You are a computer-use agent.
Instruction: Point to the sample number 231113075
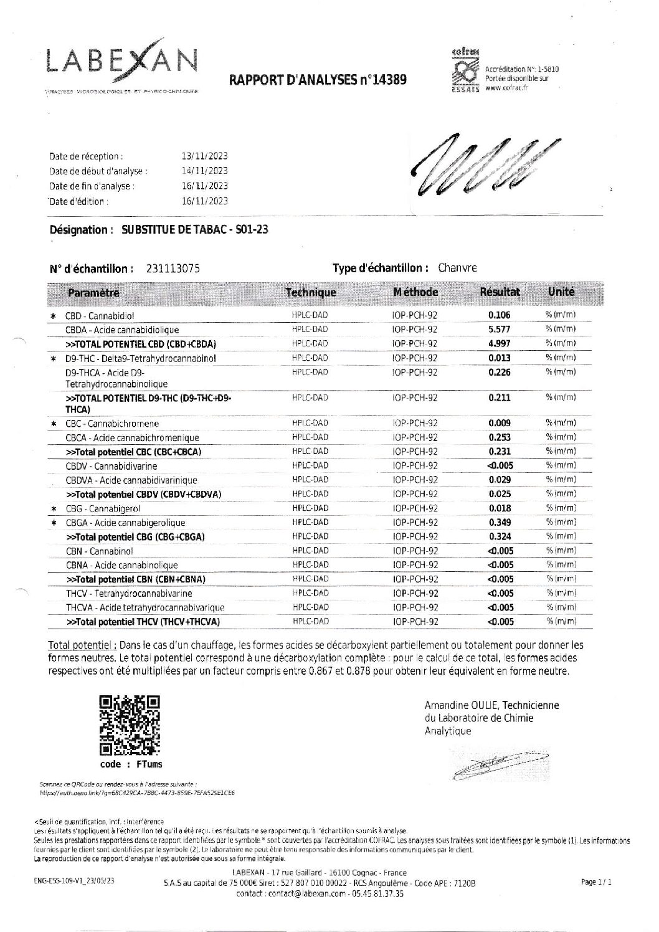point(173,269)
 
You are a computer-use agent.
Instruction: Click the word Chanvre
point(457,268)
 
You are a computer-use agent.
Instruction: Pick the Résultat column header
point(500,292)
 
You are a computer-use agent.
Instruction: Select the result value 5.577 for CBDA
point(500,330)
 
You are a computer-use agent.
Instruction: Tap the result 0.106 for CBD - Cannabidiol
point(500,315)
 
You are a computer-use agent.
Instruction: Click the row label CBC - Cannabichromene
point(112,424)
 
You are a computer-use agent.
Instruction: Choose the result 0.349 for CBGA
point(500,522)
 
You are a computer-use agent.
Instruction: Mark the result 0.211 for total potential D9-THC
point(500,397)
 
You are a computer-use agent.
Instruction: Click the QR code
point(130,725)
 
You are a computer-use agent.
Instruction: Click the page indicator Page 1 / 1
point(597,882)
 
